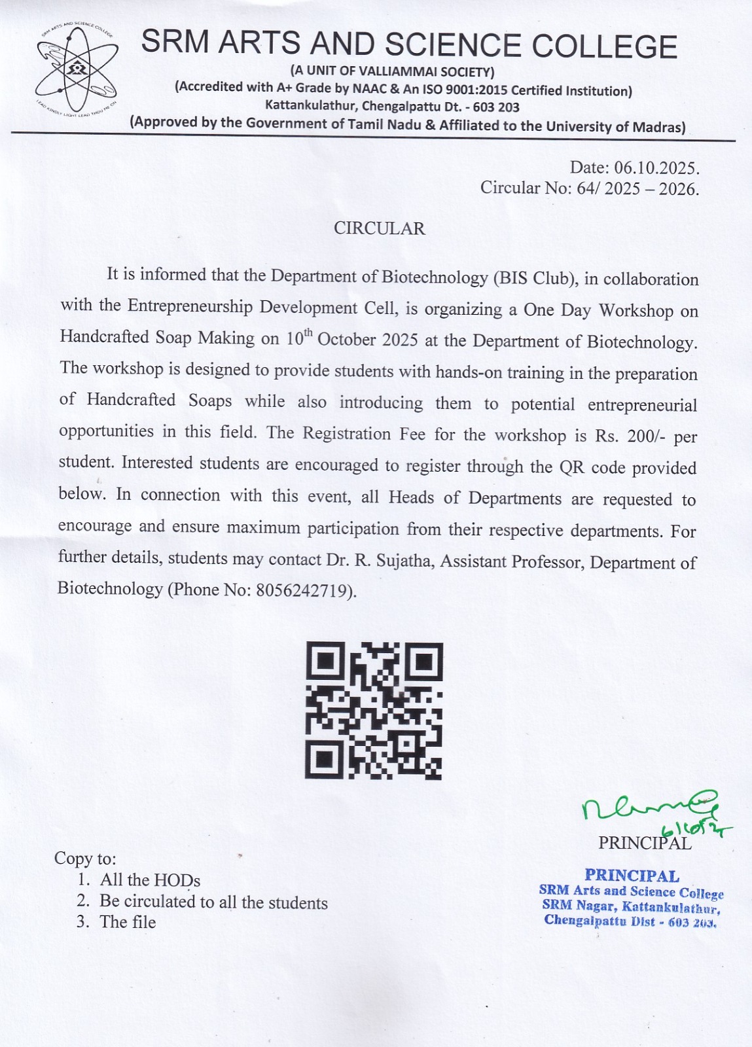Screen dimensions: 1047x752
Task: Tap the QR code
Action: (374, 710)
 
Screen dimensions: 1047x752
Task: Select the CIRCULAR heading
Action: (379, 228)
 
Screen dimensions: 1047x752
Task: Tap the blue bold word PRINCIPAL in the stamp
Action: (632, 875)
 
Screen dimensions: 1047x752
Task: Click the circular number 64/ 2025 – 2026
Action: (637, 189)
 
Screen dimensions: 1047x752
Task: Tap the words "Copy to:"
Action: (85, 858)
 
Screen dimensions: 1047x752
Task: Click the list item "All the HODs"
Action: (150, 880)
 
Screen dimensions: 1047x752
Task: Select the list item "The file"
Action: (128, 922)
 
